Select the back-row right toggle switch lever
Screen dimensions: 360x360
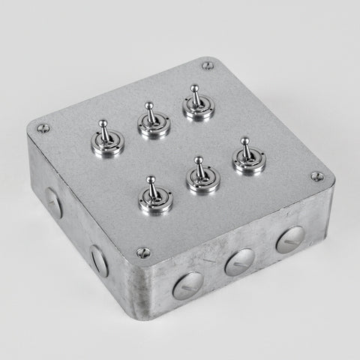(196, 94)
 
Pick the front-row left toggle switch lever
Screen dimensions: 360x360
(153, 187)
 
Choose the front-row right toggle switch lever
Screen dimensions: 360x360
(245, 147)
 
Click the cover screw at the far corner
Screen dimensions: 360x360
(208, 65)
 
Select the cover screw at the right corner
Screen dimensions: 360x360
(317, 177)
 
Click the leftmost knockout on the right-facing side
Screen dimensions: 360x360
(186, 284)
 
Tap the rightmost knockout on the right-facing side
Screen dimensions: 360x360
(289, 239)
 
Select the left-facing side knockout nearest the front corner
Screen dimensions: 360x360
(99, 259)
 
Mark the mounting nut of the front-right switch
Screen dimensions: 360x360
(247, 162)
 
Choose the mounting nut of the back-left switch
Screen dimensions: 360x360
(109, 145)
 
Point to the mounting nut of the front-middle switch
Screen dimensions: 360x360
(202, 182)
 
